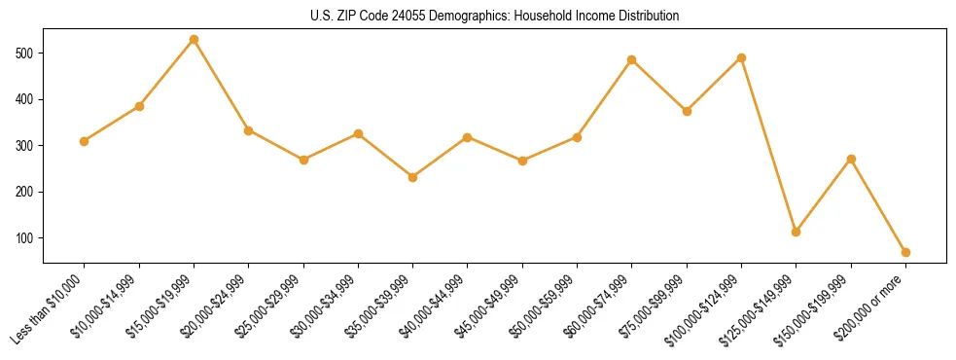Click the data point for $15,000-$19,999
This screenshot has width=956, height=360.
coord(194,40)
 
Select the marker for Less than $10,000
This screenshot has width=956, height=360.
coord(84,141)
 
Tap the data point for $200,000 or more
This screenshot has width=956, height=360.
coord(905,252)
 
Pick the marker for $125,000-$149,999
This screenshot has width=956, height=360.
coord(796,232)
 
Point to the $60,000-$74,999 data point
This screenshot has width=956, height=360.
coord(631,60)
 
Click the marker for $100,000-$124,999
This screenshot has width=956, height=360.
coord(741,57)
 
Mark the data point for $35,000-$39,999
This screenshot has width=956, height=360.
coord(412,177)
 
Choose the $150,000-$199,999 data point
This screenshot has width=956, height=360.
coord(851,159)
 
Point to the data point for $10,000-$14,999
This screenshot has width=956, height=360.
coord(139,106)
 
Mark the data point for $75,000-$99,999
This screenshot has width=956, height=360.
coord(687,111)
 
